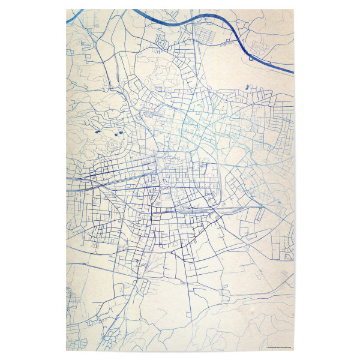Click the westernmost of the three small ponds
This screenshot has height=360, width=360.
97,130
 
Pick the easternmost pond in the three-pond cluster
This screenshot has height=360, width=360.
120,133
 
